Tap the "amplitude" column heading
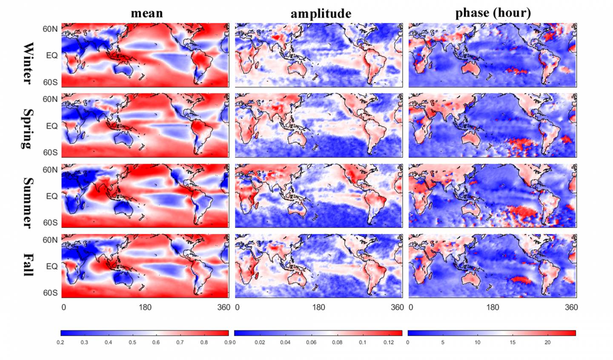click(321, 14)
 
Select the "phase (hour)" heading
click(493, 13)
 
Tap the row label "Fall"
click(28, 265)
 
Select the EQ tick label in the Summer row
click(52, 196)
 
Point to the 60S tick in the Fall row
click(50, 293)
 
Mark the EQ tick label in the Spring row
click(52, 126)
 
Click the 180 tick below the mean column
click(145, 307)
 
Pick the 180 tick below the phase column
click(493, 307)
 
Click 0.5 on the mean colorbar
click(132, 342)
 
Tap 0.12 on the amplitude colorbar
click(389, 342)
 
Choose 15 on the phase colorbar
click(513, 342)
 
